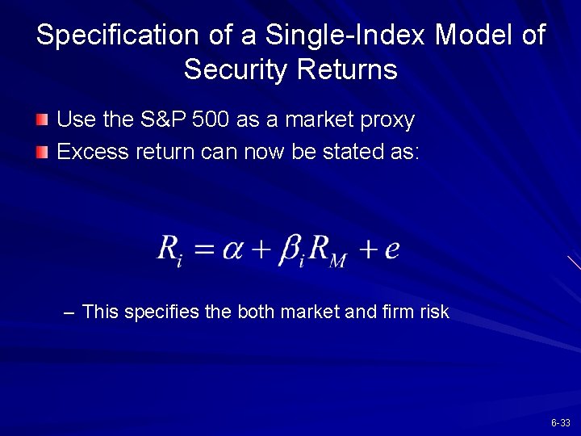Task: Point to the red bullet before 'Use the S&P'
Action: pos(42,121)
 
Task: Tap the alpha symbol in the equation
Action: pos(233,248)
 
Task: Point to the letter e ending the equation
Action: pos(392,248)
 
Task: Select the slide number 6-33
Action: pos(561,423)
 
